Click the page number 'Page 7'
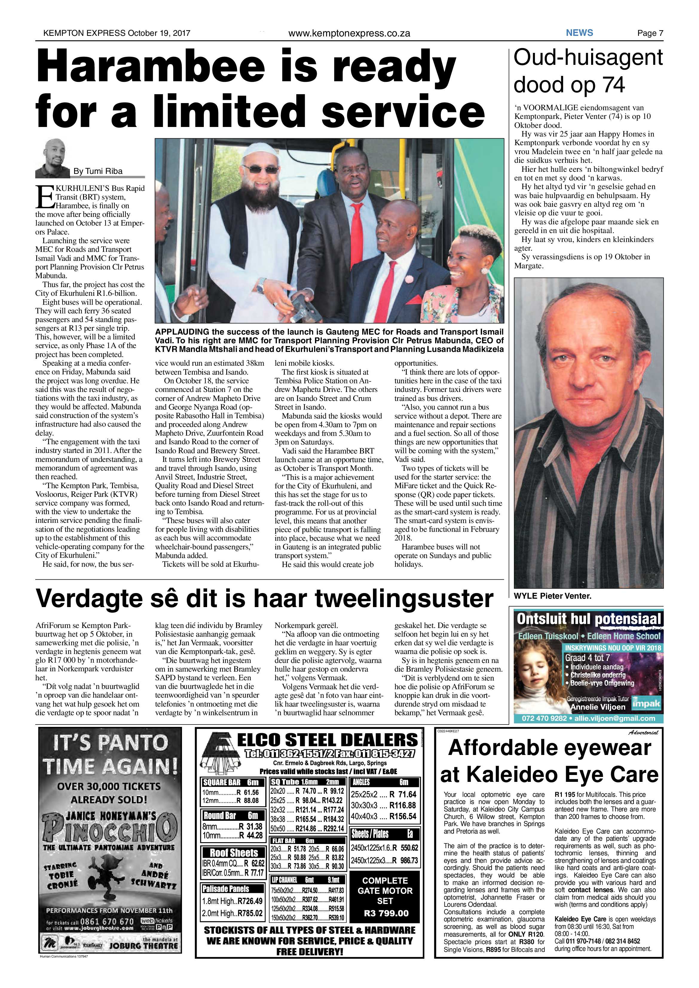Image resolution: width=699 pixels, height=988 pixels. [650, 33]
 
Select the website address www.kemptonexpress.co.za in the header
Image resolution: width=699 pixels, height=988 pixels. [349, 33]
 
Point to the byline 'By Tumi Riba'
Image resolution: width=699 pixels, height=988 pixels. [98, 171]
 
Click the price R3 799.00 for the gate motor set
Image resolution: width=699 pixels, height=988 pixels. [386, 913]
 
